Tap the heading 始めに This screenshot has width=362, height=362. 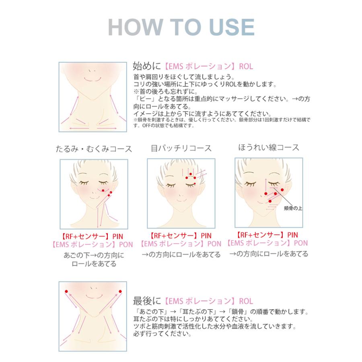(x=147, y=66)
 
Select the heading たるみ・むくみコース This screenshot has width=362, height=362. (x=94, y=149)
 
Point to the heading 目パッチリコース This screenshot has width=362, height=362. (x=181, y=148)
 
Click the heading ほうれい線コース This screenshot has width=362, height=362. (x=268, y=147)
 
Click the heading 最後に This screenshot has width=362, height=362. (x=147, y=300)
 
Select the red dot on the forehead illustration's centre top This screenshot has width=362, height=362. (x=190, y=174)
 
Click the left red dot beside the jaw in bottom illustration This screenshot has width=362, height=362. (x=66, y=291)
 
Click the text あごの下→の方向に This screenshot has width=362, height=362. (x=94, y=255)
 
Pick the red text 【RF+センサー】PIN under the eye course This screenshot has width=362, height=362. (x=181, y=235)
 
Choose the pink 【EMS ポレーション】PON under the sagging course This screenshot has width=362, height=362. (x=93, y=244)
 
